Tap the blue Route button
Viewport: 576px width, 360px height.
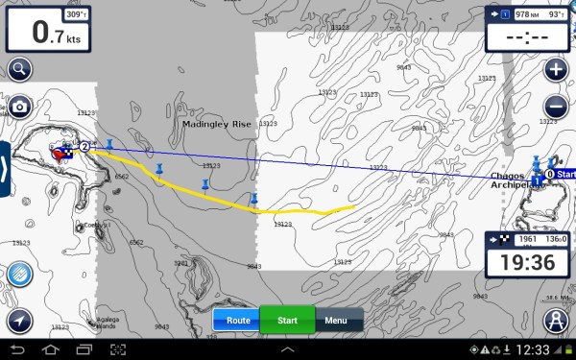coord(237,320)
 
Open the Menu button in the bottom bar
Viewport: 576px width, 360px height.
coord(336,320)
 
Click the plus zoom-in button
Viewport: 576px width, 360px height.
coord(555,70)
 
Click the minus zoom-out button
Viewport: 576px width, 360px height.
coord(555,107)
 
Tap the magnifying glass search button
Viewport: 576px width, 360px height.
coord(19,69)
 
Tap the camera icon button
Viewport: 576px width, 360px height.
coord(19,106)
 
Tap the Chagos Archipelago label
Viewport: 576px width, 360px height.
coord(506,180)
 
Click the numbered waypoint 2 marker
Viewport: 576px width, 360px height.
coord(84,146)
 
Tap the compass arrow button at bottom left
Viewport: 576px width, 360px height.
coord(19,320)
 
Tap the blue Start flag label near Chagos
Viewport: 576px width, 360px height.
coord(564,174)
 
